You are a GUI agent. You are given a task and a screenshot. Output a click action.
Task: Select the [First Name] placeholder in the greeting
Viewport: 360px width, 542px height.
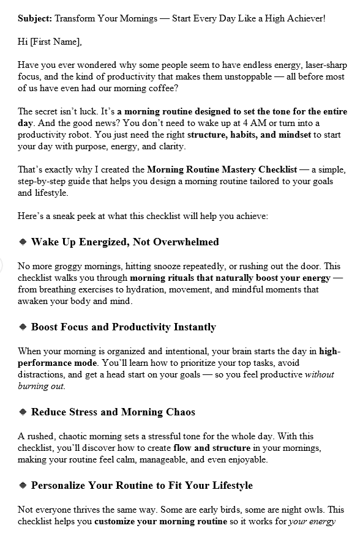click(x=54, y=42)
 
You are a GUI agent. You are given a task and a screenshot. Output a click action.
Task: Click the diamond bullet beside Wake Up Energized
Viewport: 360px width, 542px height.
click(x=23, y=242)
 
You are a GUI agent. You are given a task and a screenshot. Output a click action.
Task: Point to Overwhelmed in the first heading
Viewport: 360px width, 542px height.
click(x=187, y=242)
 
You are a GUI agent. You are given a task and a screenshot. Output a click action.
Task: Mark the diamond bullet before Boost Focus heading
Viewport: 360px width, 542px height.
click(x=23, y=327)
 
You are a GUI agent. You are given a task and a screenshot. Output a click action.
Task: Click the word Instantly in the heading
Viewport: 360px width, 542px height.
click(x=196, y=327)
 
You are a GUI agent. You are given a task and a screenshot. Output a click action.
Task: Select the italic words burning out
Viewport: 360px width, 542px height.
click(x=42, y=387)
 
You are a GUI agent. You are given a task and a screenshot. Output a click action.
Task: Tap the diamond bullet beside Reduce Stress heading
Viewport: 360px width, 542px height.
click(x=23, y=412)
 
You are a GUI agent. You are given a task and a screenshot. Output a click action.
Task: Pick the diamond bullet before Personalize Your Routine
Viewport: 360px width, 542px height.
click(x=23, y=486)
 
